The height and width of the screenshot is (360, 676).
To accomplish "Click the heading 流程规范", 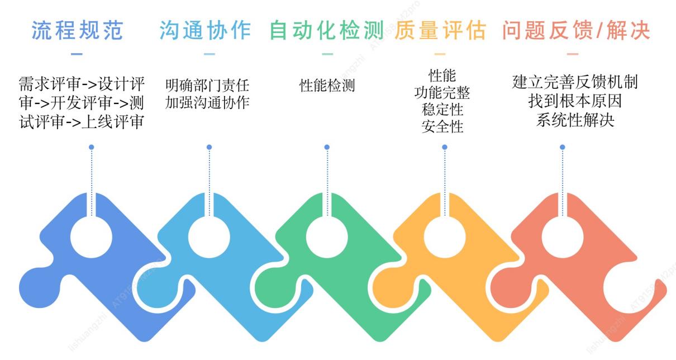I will (x=77, y=30).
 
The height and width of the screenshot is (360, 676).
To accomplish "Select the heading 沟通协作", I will (x=205, y=30).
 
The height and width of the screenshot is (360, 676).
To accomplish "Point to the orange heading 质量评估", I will (x=440, y=30).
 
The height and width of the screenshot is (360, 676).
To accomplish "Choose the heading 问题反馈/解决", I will (x=576, y=30).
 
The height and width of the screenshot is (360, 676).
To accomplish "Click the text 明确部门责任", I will (x=207, y=86).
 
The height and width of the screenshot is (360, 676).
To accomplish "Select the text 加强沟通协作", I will (x=207, y=103).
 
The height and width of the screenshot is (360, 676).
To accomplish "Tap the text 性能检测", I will (x=327, y=86).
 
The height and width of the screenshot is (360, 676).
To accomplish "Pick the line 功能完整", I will (x=442, y=92).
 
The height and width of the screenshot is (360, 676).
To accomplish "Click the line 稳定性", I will (x=442, y=109).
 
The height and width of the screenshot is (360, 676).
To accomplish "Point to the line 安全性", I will (x=442, y=126).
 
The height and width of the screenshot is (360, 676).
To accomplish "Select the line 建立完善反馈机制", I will (x=575, y=82).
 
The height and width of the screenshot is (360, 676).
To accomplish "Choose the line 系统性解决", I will (x=575, y=120).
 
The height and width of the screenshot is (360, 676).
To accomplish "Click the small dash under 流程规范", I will (x=77, y=54).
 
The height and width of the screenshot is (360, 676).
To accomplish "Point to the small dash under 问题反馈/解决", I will (x=573, y=54).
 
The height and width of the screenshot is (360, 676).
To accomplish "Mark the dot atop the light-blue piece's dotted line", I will (x=209, y=147).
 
